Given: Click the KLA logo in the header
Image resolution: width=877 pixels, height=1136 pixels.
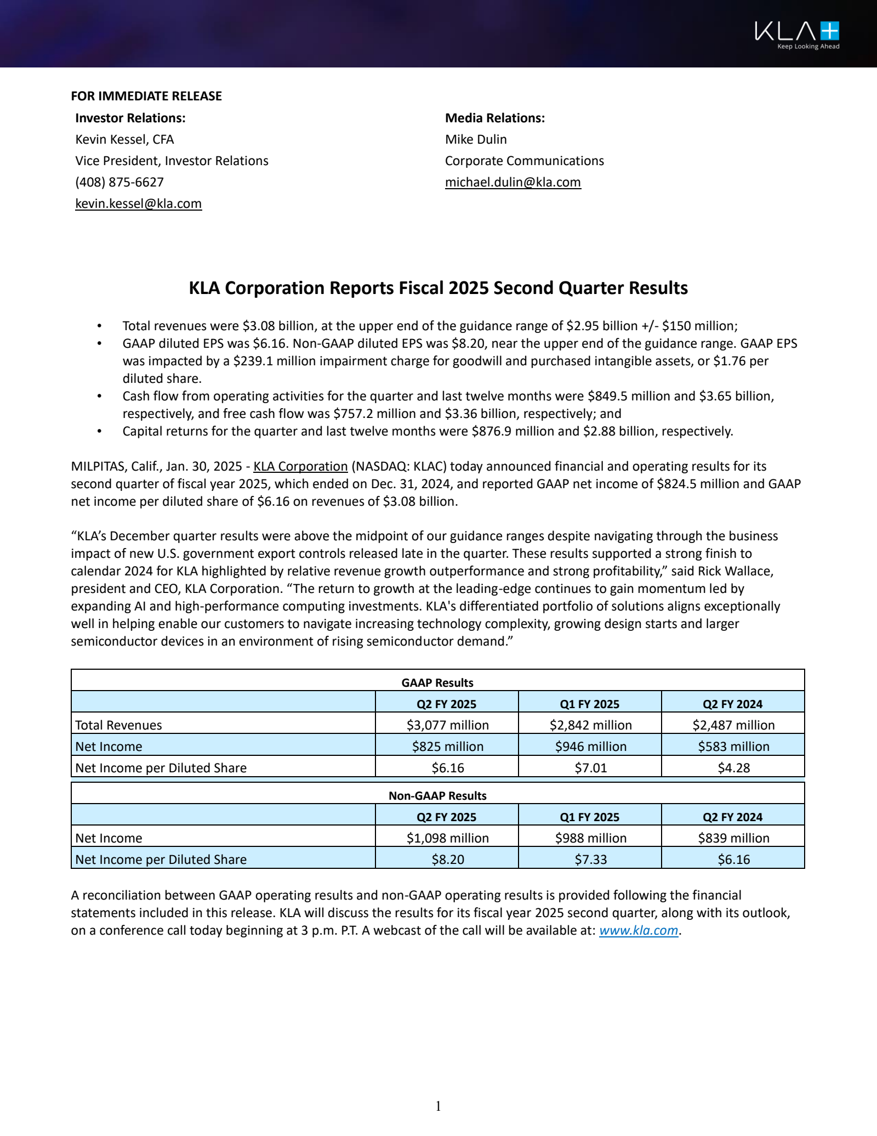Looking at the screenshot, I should (796, 34).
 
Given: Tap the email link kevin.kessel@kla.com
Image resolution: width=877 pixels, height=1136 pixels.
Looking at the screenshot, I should (138, 204).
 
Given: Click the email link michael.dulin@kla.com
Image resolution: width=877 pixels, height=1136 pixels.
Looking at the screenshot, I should (512, 183).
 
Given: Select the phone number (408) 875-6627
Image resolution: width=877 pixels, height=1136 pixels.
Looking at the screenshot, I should (119, 183).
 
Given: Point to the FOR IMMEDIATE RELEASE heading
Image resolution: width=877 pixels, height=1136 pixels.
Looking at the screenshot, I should (146, 97).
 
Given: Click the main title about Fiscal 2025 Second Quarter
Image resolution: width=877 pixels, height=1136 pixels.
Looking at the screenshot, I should (438, 289).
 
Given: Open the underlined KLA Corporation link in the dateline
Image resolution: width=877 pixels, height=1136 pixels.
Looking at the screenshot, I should (300, 467).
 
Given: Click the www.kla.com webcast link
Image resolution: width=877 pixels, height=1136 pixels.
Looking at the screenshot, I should (639, 931).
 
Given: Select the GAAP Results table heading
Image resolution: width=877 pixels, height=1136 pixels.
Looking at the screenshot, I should (437, 683).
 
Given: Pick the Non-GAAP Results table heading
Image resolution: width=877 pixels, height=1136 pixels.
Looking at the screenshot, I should (437, 796).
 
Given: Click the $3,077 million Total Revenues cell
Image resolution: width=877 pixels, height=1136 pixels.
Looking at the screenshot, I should (447, 726).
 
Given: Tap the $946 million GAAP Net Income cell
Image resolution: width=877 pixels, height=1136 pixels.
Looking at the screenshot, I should (590, 747).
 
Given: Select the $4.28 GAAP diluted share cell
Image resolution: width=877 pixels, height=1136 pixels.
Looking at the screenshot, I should (733, 768).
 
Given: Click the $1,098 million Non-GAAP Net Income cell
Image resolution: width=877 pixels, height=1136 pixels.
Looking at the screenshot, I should (447, 839).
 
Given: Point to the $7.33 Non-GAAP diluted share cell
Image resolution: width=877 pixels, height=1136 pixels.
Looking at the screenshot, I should (590, 860).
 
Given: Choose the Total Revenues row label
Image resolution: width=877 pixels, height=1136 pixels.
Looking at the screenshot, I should (118, 726).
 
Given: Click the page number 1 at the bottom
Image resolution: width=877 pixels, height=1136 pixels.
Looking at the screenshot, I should (438, 1106).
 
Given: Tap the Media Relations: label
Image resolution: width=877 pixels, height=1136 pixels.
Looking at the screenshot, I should (495, 118).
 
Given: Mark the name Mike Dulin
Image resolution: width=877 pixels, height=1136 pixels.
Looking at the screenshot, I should (476, 140).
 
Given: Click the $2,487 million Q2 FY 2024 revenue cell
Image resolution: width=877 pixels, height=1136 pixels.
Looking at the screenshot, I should (733, 726).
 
